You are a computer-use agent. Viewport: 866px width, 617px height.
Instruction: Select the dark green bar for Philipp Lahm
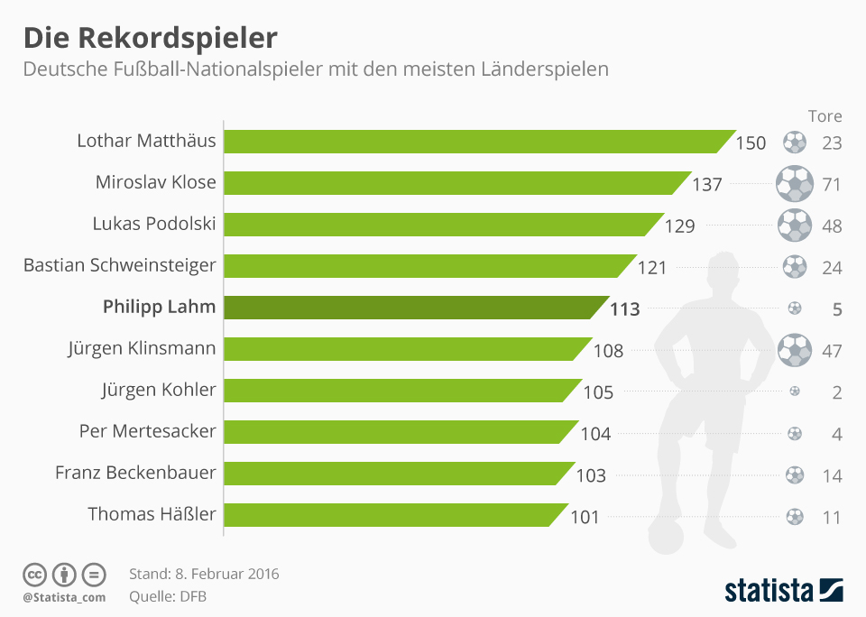click(410, 308)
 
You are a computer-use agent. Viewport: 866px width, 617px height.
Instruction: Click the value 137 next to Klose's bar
click(707, 184)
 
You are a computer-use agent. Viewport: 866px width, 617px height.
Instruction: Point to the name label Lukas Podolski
click(154, 224)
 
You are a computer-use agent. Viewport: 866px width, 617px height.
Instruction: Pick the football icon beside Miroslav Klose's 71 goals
click(795, 184)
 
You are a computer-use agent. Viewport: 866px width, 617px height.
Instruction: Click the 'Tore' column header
click(825, 116)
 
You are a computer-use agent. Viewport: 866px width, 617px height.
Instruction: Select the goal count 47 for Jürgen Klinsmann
click(832, 350)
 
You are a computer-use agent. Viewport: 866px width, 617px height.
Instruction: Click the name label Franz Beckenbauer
click(135, 473)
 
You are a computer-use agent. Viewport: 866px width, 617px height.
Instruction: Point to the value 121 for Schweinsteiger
click(651, 267)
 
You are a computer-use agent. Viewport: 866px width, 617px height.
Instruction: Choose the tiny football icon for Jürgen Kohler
click(795, 391)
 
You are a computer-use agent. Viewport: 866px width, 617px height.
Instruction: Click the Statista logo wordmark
click(769, 591)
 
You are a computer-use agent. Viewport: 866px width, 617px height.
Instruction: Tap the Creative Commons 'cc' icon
click(34, 574)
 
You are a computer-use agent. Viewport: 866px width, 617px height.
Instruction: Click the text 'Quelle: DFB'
click(168, 595)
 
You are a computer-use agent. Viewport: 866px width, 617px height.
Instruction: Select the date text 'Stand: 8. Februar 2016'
click(204, 574)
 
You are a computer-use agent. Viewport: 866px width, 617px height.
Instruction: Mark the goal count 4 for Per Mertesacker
click(836, 433)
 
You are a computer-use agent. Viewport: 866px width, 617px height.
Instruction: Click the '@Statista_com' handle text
click(63, 597)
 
